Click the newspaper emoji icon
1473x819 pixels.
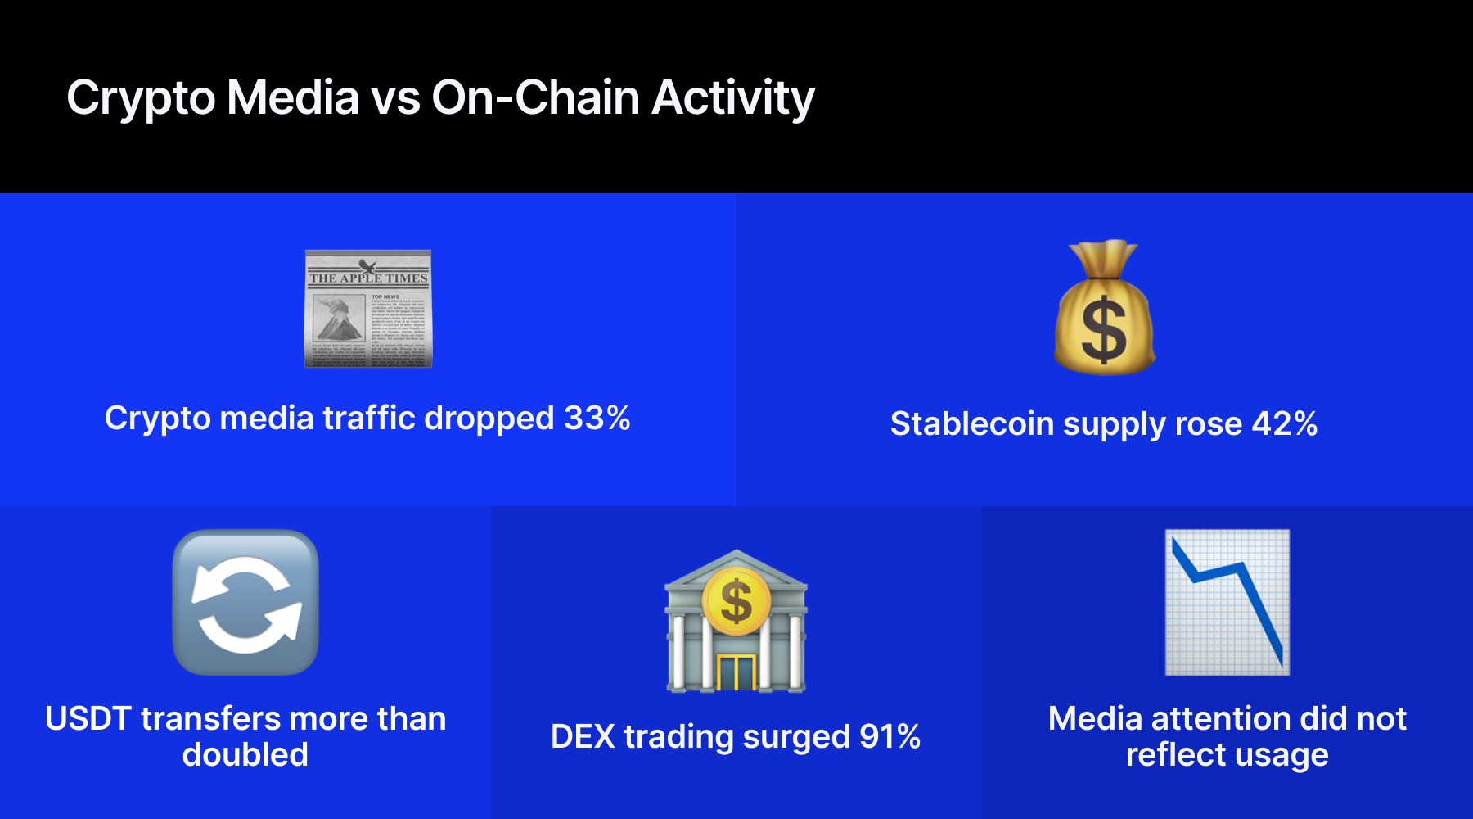point(367,309)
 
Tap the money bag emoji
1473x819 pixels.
point(1104,309)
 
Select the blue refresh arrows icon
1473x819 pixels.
point(245,603)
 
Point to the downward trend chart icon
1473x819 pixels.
point(1227,603)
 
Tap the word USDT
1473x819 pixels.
point(88,718)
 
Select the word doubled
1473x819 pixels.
point(245,754)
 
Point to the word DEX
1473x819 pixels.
point(582,736)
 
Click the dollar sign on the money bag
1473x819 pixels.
point(1104,329)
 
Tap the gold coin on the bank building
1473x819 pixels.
point(736,600)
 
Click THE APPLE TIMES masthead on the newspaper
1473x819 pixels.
point(368,278)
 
